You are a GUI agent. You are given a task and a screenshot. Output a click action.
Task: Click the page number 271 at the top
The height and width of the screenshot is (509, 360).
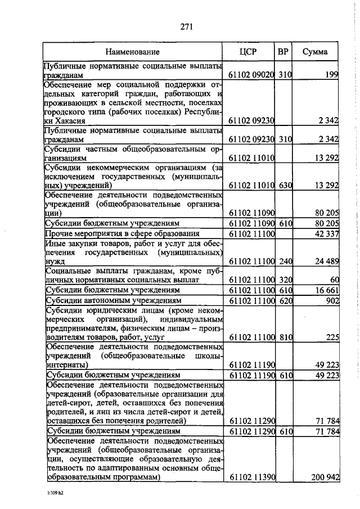pos(187,26)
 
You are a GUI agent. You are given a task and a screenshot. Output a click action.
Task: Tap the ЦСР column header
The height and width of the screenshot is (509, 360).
pos(248,52)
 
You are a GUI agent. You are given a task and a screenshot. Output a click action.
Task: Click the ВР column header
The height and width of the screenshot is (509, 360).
pos(283,52)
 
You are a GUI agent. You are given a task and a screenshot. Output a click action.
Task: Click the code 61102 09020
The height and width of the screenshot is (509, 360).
pos(251,75)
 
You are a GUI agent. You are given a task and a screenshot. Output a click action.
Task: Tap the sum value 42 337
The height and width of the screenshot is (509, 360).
pos(323,233)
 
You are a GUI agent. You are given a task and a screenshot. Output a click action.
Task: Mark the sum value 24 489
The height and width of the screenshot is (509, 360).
pos(323,262)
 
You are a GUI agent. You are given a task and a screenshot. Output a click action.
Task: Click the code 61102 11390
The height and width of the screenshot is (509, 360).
pos(251,478)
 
